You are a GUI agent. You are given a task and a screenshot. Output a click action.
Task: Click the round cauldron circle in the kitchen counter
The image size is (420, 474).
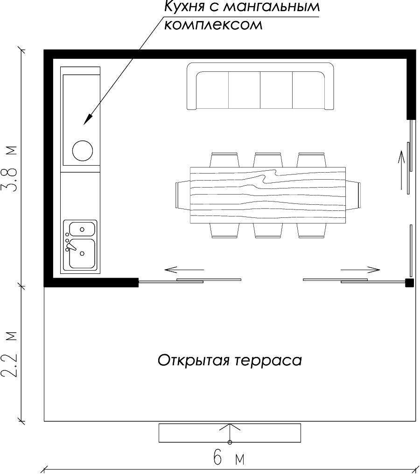click(x=83, y=150)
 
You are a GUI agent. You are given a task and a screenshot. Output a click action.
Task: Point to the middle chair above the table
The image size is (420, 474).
click(x=268, y=160)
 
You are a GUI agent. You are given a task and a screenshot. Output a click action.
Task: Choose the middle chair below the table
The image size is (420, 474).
click(x=268, y=230)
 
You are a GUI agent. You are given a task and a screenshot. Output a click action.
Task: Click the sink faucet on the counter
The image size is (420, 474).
click(x=70, y=245)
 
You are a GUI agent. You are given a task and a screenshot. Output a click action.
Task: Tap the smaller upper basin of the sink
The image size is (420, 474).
click(x=82, y=229)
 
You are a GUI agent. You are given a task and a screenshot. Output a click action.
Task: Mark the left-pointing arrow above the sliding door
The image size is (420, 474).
click(x=184, y=269)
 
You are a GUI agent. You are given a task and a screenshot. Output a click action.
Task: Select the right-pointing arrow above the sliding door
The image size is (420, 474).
click(x=361, y=269)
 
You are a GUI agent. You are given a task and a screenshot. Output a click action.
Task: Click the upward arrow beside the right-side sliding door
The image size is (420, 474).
click(x=400, y=170)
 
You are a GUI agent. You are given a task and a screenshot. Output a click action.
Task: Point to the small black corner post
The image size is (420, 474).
click(x=409, y=282)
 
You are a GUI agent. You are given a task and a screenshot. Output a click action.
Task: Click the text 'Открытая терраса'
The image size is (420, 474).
click(x=230, y=361)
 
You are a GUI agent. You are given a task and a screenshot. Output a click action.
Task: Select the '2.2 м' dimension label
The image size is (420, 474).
click(x=11, y=355)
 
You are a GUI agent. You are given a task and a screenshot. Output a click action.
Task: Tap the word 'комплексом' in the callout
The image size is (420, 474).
click(x=213, y=24)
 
